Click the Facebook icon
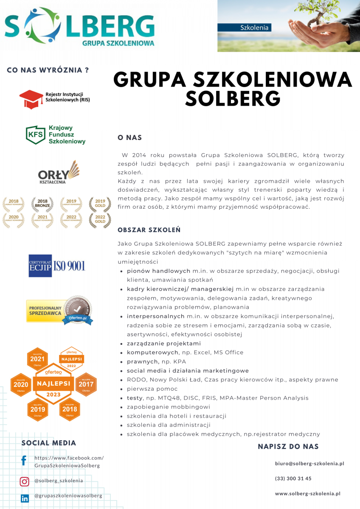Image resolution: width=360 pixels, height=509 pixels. pyautogui.click(x=24, y=461)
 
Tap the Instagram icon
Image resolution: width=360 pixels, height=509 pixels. pyautogui.click(x=25, y=481)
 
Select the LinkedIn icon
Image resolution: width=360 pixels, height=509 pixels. pyautogui.click(x=25, y=498)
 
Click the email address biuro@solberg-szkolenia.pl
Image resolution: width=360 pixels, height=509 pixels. pyautogui.click(x=309, y=464)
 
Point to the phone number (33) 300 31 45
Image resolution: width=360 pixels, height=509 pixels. pyautogui.click(x=293, y=478)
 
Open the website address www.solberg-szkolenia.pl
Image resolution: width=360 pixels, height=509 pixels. pyautogui.click(x=308, y=494)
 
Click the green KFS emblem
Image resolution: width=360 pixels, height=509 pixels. pyautogui.click(x=35, y=134)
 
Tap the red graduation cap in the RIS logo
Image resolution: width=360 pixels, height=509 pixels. pyautogui.click(x=31, y=98)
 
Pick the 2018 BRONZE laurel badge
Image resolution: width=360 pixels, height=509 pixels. pyautogui.click(x=42, y=204)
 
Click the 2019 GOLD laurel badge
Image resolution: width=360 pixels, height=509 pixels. pyautogui.click(x=100, y=204)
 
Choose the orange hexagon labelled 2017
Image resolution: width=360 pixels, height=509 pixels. pyautogui.click(x=86, y=385)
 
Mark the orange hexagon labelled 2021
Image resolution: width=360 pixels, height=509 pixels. pyautogui.click(x=37, y=359)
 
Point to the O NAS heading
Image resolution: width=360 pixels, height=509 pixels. pyautogui.click(x=129, y=138)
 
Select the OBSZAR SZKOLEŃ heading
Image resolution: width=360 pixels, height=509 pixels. pyautogui.click(x=149, y=230)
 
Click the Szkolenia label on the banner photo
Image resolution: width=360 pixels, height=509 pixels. pyautogui.click(x=254, y=28)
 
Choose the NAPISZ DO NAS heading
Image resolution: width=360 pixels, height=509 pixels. pyautogui.click(x=288, y=447)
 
